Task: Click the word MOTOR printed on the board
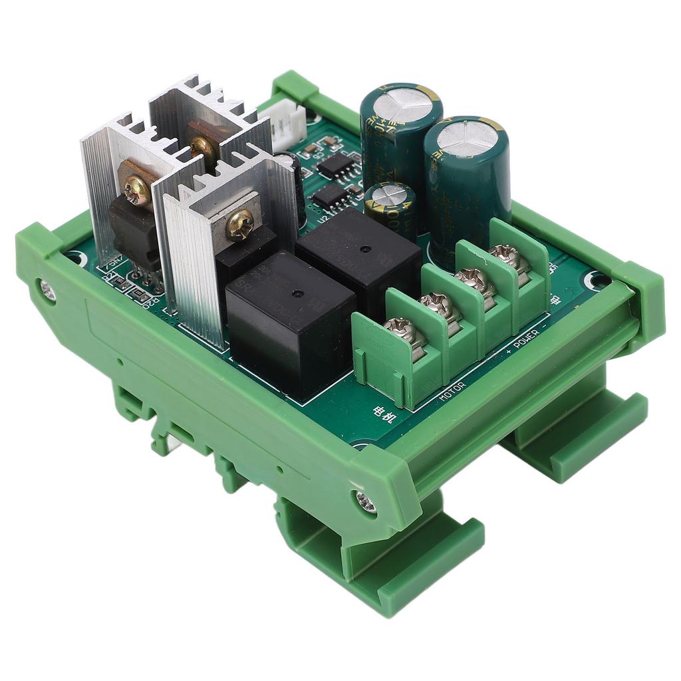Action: (x=453, y=392)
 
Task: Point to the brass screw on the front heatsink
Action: (x=239, y=227)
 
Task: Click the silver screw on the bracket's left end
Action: (x=47, y=288)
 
